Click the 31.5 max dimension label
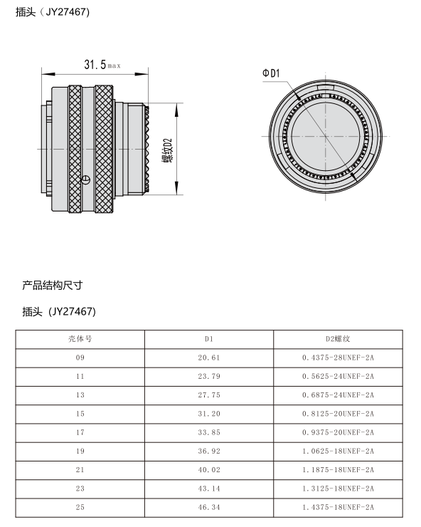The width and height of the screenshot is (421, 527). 102,64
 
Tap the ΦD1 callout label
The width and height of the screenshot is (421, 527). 271,73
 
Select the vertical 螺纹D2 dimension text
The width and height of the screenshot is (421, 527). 167,150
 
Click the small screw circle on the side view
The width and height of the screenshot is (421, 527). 86,179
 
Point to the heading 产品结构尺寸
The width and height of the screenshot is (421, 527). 53,286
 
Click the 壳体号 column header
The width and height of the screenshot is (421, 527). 80,339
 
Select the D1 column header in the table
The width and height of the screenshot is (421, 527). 209,339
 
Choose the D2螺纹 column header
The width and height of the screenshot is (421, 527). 338,339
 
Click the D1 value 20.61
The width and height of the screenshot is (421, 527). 209,358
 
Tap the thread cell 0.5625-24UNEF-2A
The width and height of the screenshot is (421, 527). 338,377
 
